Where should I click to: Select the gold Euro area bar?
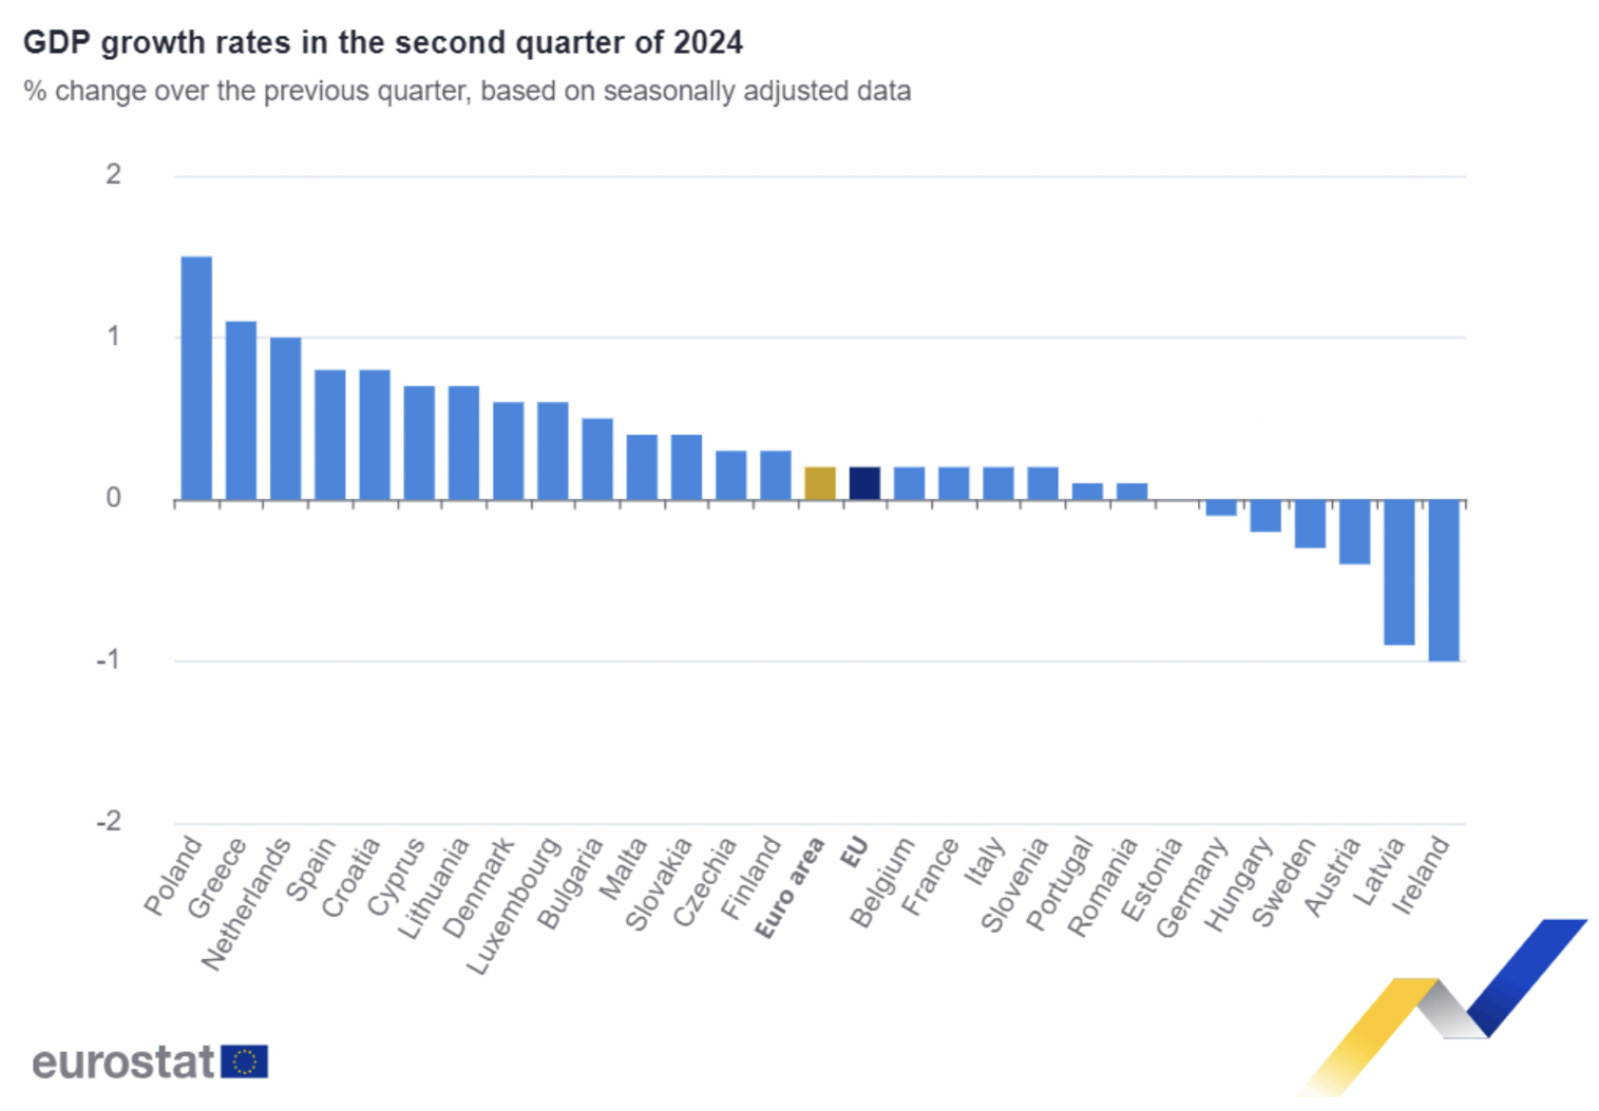tap(820, 483)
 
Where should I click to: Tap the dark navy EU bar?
tap(864, 483)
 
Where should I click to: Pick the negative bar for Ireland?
tap(1443, 581)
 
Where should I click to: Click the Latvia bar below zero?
tap(1399, 572)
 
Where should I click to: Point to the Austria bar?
tap(1354, 532)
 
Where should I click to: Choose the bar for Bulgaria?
tap(597, 459)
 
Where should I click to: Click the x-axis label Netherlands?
tap(246, 905)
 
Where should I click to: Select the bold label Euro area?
tap(790, 888)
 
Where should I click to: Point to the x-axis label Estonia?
tap(1152, 880)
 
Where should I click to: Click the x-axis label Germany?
tap(1191, 887)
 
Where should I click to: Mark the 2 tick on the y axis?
tap(113, 174)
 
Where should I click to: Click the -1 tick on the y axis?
tap(109, 660)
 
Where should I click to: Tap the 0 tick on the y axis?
tap(113, 498)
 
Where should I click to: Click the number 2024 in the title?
tap(708, 43)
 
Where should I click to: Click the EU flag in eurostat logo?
tap(245, 1062)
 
